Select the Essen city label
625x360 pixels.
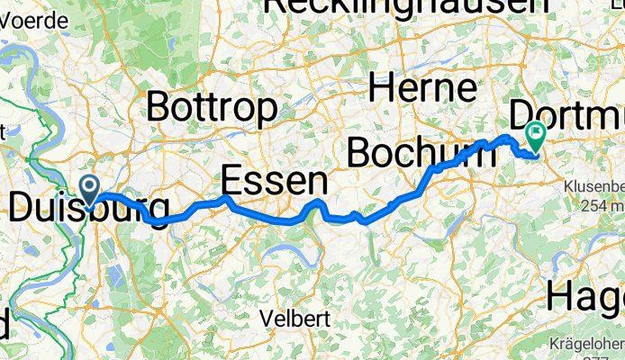tap(273, 182)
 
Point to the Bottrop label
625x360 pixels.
tap(211, 108)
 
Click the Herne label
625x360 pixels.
tap(422, 88)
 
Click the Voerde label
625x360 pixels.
tap(35, 19)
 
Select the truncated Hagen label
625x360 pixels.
tap(585, 294)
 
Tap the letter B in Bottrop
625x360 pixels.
tap(159, 108)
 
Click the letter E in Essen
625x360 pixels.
tap(232, 182)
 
